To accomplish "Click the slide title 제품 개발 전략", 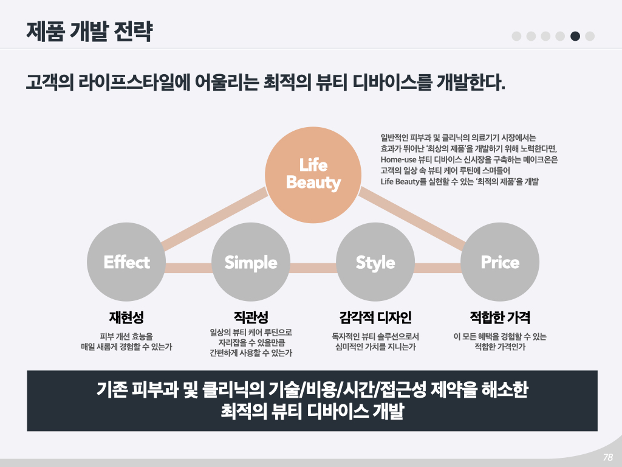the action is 89,31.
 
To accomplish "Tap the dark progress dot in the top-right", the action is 575,36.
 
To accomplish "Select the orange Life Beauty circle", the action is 313,175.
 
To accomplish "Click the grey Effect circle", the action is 126,263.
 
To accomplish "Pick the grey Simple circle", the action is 251,263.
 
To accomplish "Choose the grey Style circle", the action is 375,263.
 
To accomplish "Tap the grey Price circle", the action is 500,263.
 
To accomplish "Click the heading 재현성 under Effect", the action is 126,317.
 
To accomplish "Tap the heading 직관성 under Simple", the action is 251,317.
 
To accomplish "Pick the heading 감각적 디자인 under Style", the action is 375,317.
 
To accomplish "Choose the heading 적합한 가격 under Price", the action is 500,317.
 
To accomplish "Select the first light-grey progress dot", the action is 517,36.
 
